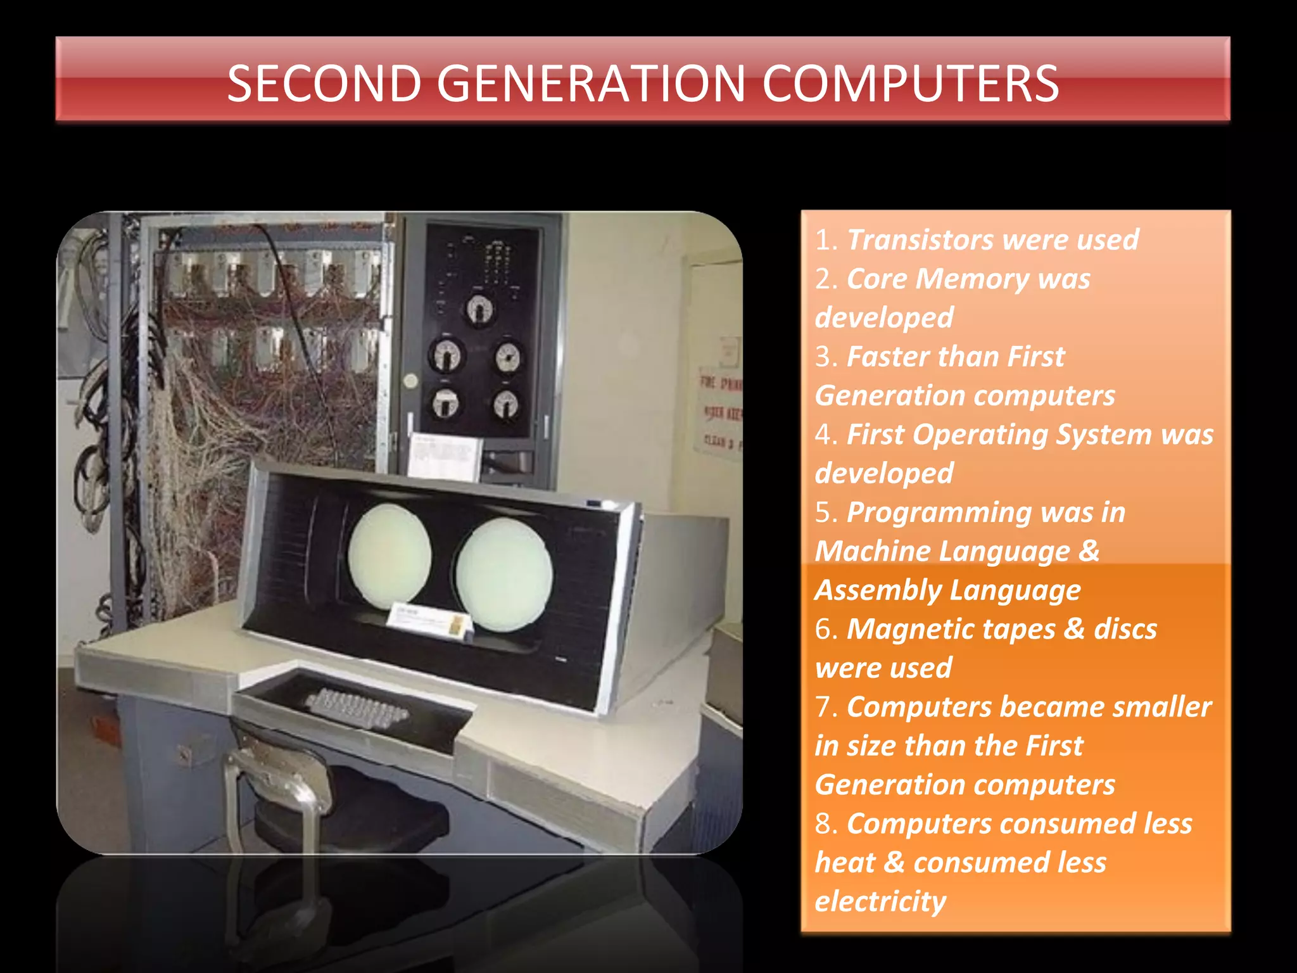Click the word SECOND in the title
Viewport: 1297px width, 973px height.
(324, 84)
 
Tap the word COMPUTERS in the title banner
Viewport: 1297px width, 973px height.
(910, 84)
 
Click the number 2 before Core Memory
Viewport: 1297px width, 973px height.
(823, 279)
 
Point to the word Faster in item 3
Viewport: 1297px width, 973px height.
(885, 357)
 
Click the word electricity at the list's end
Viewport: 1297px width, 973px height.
(880, 901)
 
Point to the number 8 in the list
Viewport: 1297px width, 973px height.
(823, 824)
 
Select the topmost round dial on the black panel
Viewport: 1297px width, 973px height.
(479, 310)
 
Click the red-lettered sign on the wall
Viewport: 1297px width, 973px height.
(719, 405)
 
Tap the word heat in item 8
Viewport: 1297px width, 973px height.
(845, 863)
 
